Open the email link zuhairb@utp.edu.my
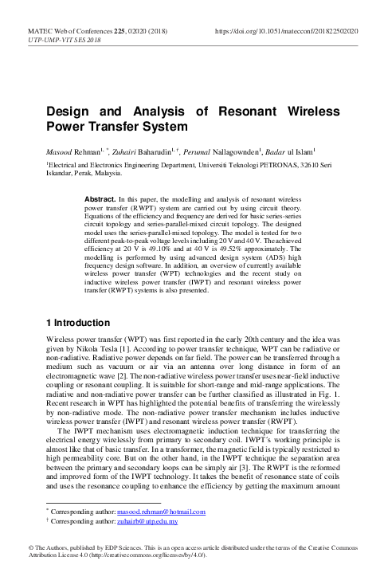coord(148,521)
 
